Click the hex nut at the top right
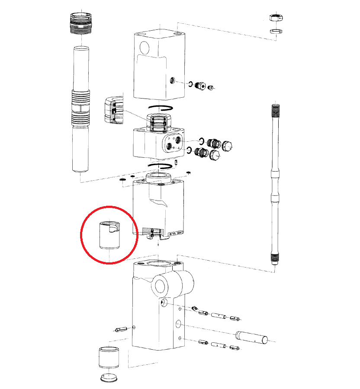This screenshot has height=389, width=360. click(x=275, y=18)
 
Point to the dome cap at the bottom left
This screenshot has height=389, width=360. click(x=108, y=377)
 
